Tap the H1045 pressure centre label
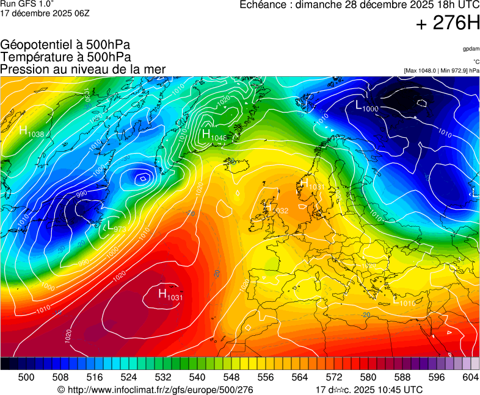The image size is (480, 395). click(x=214, y=135)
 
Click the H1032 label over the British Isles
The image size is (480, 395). click(x=277, y=209)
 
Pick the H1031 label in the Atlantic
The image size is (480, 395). click(x=170, y=296)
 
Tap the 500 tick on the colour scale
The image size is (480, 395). click(x=26, y=378)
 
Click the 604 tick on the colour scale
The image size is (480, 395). click(x=470, y=378)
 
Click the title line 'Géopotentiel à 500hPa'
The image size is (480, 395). click(x=65, y=45)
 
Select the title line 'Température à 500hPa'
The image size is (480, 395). click(x=65, y=57)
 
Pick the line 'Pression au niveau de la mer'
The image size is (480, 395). click(x=83, y=69)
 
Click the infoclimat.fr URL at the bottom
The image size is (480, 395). click(x=155, y=390)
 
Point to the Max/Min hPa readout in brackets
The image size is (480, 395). click(x=442, y=71)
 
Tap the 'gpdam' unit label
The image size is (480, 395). click(x=471, y=48)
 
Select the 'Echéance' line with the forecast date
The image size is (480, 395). click(x=359, y=5)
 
